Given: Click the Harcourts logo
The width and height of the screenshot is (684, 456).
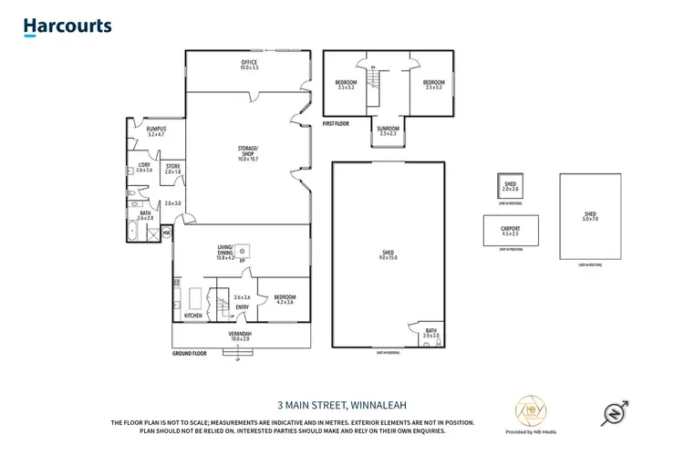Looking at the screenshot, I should (x=67, y=27).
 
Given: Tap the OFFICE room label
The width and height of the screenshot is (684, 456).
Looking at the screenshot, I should (x=249, y=65).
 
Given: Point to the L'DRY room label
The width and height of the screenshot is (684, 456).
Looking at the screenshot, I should (x=143, y=167).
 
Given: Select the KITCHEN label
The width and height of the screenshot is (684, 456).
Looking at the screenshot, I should (x=193, y=316).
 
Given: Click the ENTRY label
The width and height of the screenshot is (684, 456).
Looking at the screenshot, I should (x=242, y=307).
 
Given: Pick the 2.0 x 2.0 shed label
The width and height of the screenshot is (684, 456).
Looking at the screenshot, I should (x=510, y=186).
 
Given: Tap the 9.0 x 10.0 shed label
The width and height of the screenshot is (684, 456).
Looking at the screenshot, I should (x=389, y=255).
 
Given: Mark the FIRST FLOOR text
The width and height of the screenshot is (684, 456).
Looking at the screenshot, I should (x=337, y=122).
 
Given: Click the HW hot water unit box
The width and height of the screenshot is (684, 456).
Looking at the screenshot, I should (x=166, y=233).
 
